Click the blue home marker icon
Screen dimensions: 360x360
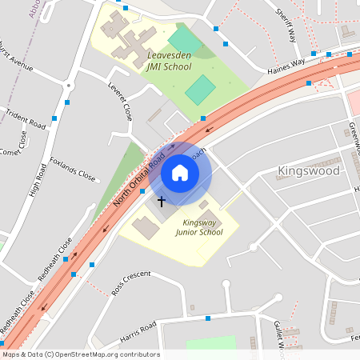coord(180,172)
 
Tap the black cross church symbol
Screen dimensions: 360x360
coord(161,201)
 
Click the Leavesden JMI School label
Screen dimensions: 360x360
coord(169,61)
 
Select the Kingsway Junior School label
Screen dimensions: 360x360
coord(199,226)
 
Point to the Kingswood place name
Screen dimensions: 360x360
coord(308,170)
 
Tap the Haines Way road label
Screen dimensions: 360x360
coord(286,66)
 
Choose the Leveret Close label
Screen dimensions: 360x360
coord(121,101)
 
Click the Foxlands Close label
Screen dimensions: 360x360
coord(72,168)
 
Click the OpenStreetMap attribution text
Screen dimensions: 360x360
coord(81,354)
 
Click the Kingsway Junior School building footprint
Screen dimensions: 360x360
coord(146,227)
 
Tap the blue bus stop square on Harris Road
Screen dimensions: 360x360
coord(208,318)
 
